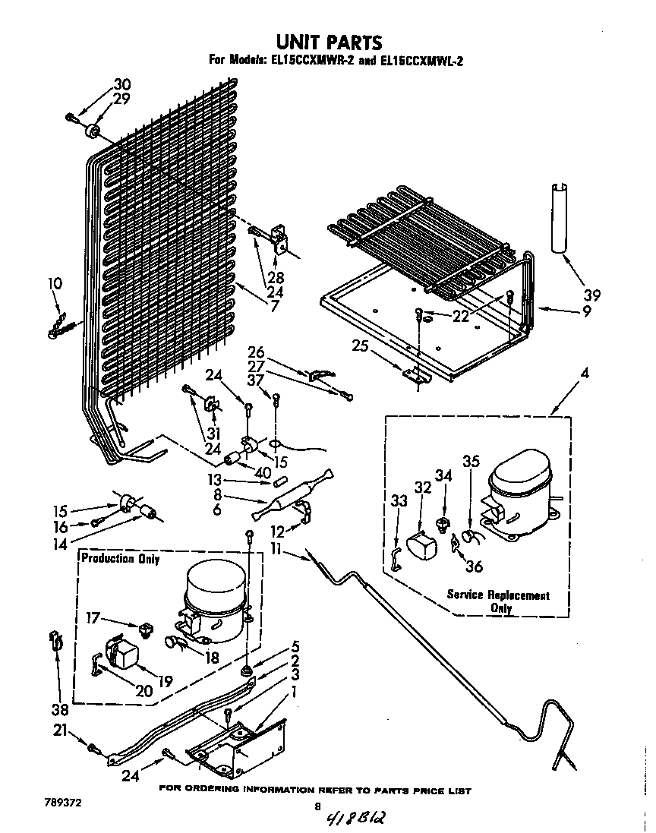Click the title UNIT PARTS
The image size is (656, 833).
pos(328,41)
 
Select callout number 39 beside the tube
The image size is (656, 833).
pos(591,295)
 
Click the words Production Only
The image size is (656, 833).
pos(121,560)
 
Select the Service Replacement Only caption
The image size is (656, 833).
pos(497,601)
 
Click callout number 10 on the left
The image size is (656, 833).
pos(55,284)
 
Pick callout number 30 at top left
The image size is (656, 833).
pos(121,84)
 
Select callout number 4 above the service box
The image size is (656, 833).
pos(584,373)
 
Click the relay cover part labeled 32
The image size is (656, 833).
pos(421,547)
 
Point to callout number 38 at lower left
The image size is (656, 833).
pos(59,710)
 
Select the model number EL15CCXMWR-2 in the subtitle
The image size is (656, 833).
pos(307,61)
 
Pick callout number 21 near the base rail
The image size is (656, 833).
pos(59,730)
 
